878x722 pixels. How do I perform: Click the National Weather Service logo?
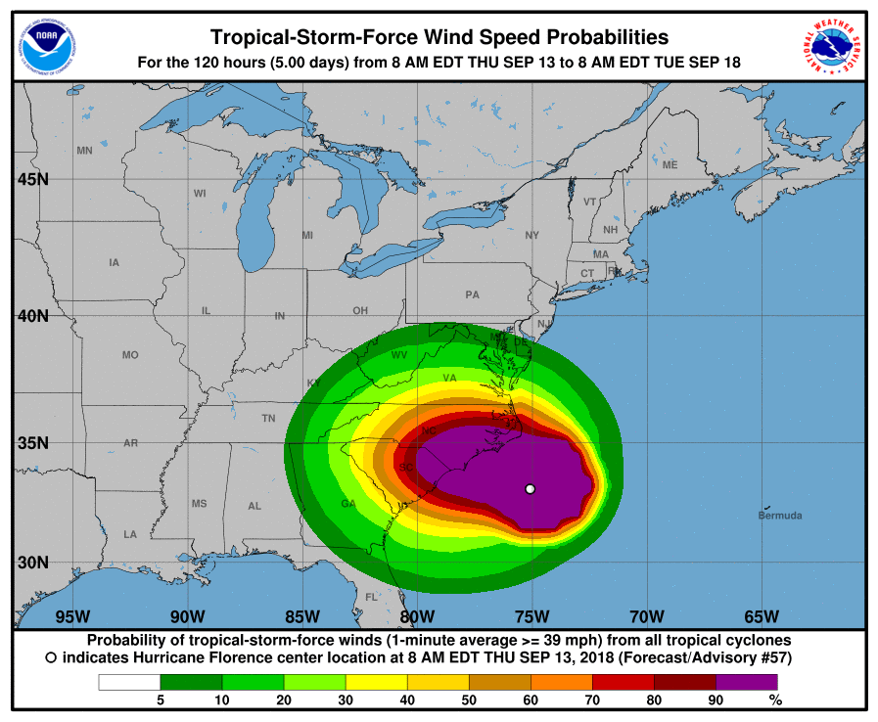(833, 45)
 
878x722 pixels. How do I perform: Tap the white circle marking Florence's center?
(530, 488)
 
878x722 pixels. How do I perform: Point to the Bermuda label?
(780, 516)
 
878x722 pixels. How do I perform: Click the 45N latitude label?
(32, 180)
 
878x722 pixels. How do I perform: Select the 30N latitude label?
(32, 563)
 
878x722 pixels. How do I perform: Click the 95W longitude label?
(72, 616)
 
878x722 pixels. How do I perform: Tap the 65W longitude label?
(762, 616)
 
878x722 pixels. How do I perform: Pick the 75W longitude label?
(531, 616)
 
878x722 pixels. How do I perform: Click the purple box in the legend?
(746, 682)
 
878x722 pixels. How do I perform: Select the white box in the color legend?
(128, 682)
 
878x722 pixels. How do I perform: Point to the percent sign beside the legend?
(775, 699)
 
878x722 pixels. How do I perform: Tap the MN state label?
(84, 151)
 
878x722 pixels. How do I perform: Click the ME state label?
(670, 165)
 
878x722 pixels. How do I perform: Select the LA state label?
(129, 534)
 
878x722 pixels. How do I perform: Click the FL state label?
(371, 597)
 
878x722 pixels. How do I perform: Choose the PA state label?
(472, 294)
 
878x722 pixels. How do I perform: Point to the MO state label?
(130, 355)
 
